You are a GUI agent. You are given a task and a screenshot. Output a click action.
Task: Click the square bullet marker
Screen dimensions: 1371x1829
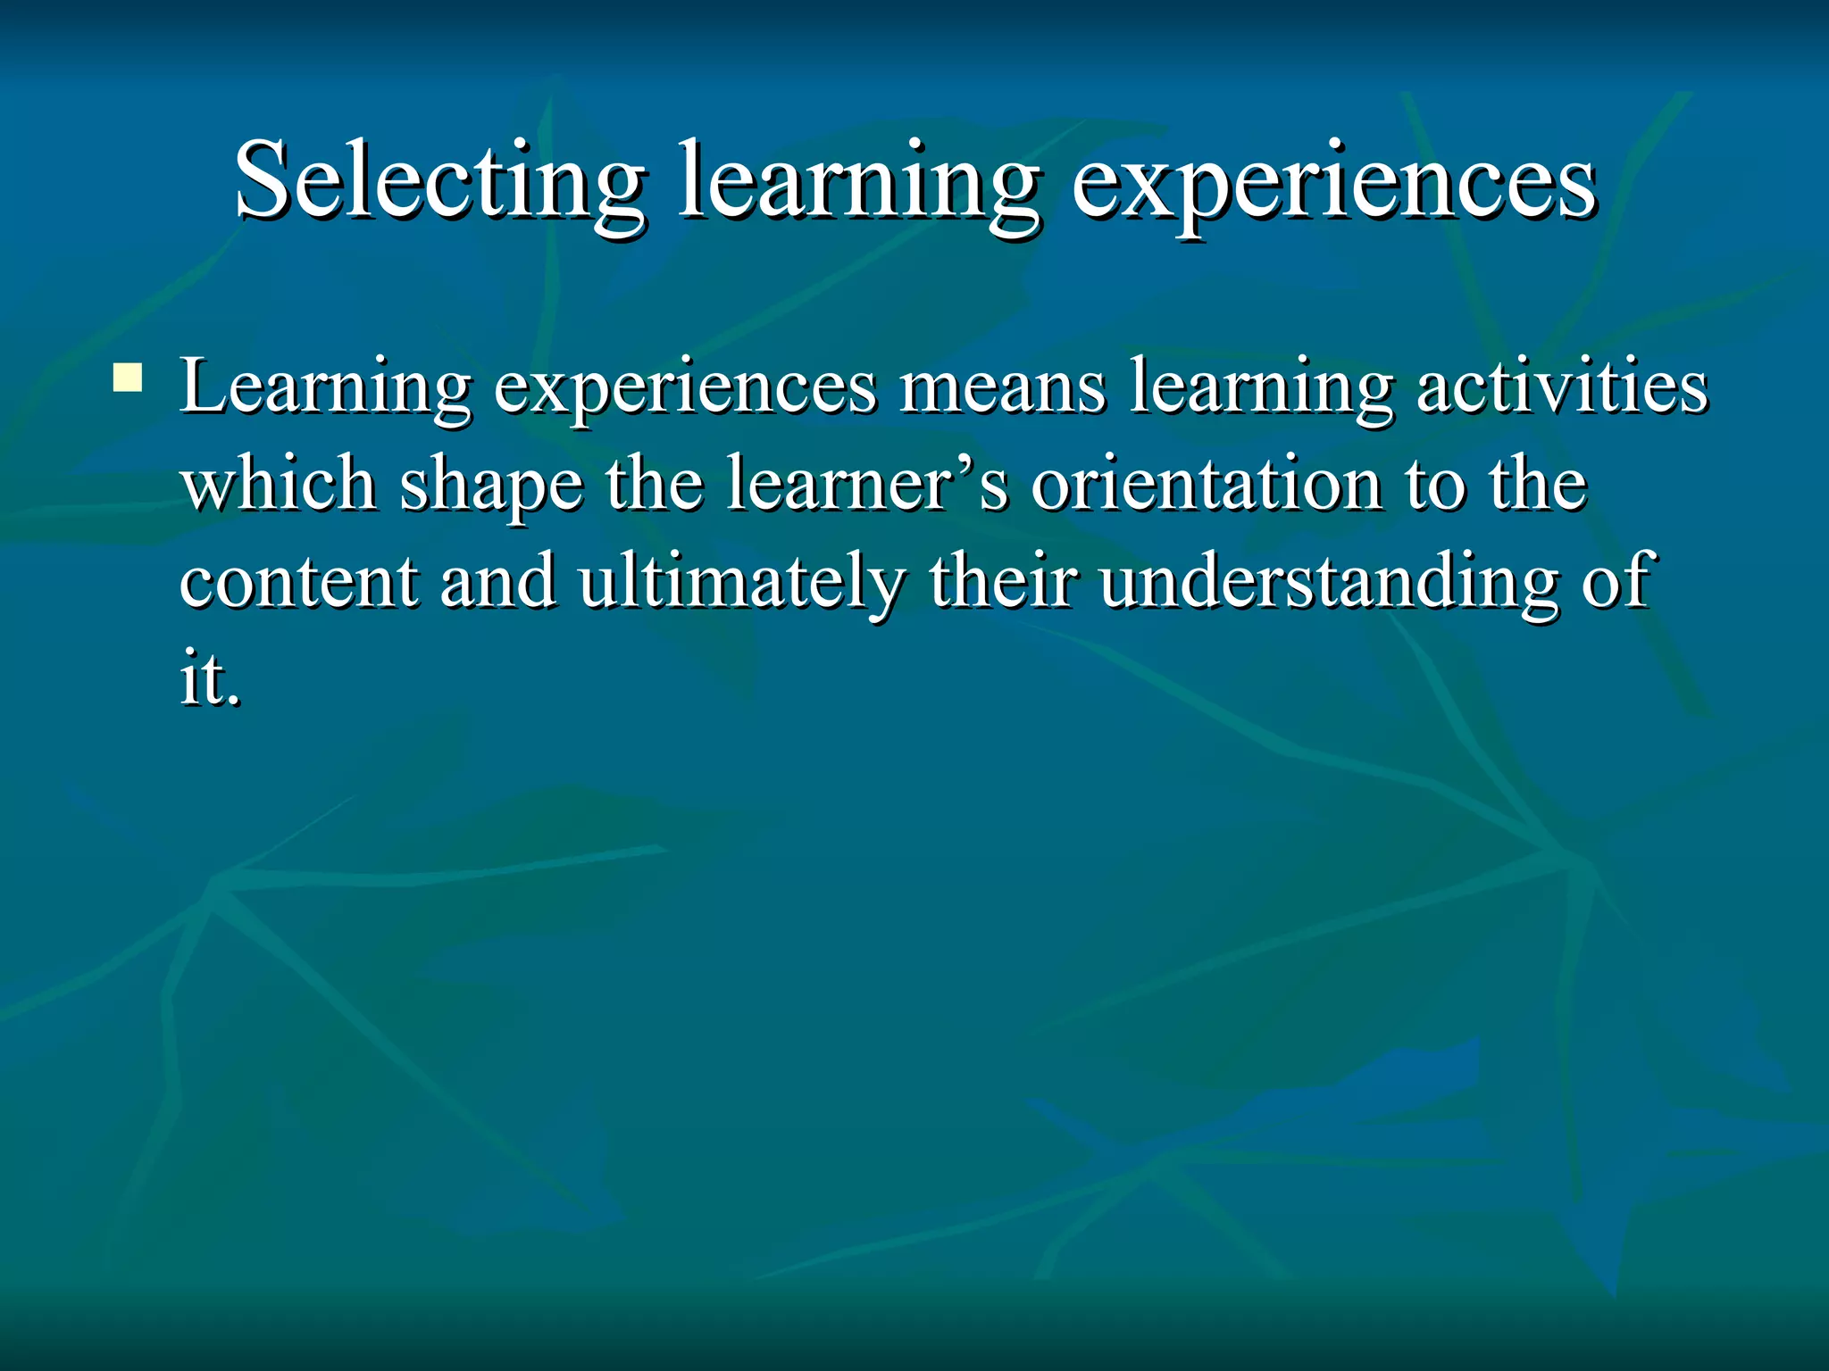point(128,378)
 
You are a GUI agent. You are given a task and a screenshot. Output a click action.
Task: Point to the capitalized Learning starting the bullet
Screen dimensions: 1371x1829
point(325,388)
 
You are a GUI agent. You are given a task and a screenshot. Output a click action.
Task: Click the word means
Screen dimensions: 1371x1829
point(1002,388)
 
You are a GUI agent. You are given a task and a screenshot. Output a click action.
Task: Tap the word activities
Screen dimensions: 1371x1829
point(1562,388)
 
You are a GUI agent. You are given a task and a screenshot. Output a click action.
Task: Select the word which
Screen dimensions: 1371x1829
point(279,485)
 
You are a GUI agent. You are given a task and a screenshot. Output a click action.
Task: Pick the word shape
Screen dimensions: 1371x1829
point(490,486)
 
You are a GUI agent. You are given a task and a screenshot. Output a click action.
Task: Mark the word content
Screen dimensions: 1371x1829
point(298,582)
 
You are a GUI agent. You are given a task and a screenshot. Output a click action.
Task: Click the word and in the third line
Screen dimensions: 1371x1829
point(497,582)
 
